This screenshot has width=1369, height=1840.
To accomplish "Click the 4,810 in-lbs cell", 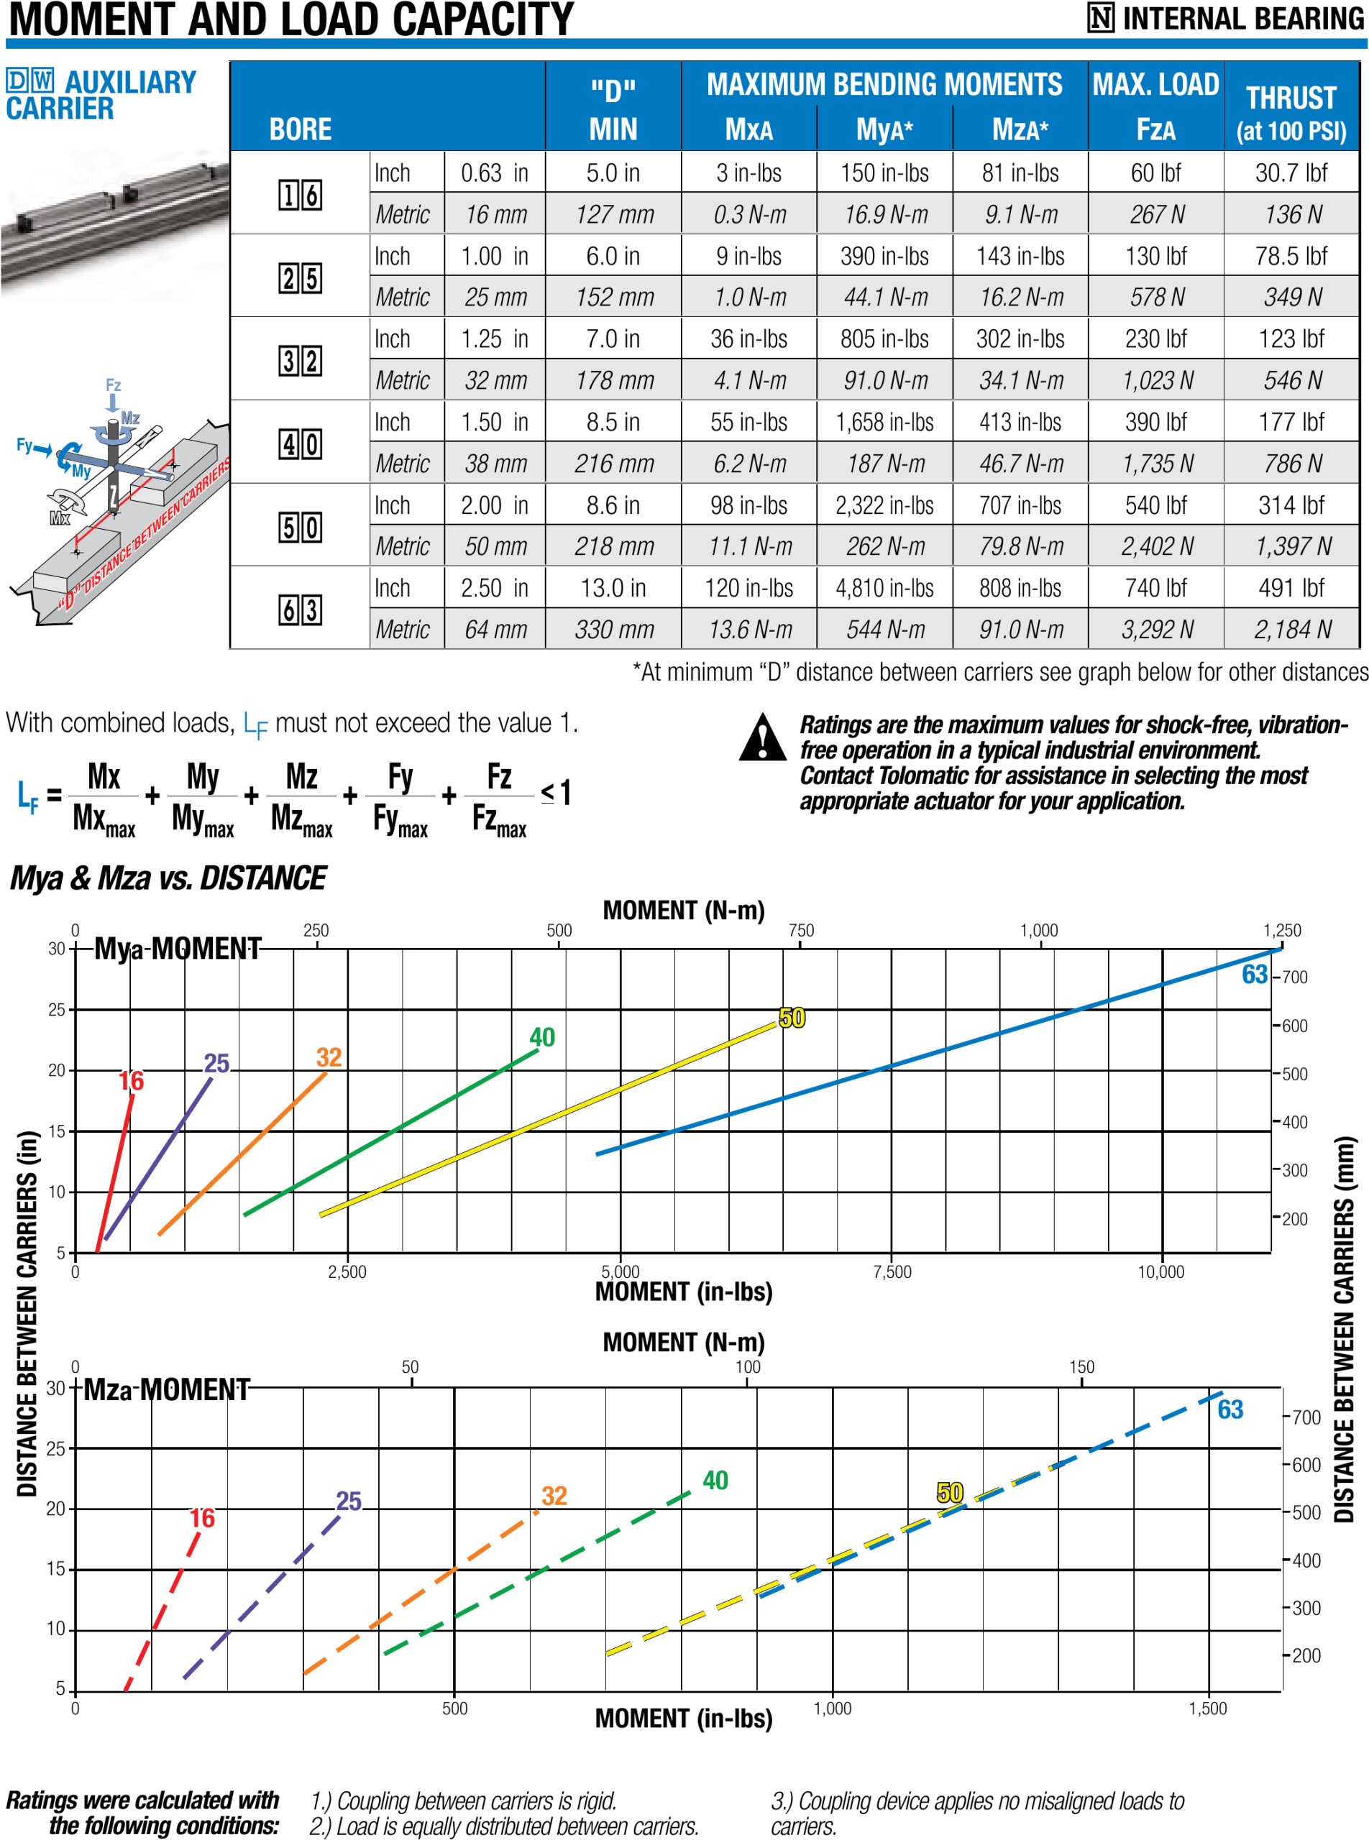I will (884, 588).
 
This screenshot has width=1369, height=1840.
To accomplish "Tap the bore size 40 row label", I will (300, 444).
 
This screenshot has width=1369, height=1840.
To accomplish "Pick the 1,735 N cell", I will (1157, 464).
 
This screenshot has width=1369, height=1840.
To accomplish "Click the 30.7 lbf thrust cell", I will (1291, 173).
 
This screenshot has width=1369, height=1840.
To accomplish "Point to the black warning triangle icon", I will (761, 738).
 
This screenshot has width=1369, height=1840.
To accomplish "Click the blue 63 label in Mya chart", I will (1254, 974).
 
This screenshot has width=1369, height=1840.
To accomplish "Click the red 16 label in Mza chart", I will (201, 1518).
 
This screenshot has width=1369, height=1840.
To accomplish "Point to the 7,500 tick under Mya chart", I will (892, 1272).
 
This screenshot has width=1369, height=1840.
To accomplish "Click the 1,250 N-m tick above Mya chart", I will (1281, 930).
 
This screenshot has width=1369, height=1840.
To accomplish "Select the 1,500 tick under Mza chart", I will (1207, 1708).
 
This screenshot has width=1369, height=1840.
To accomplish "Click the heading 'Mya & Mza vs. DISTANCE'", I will (168, 878).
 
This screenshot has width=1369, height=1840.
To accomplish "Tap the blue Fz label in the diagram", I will (113, 385).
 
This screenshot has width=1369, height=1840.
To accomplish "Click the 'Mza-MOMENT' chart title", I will (166, 1389).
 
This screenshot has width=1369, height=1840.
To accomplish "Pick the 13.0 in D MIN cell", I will (613, 588).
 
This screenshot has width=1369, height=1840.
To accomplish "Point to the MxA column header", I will (748, 129).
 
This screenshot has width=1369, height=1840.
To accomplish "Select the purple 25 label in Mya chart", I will (216, 1063).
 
